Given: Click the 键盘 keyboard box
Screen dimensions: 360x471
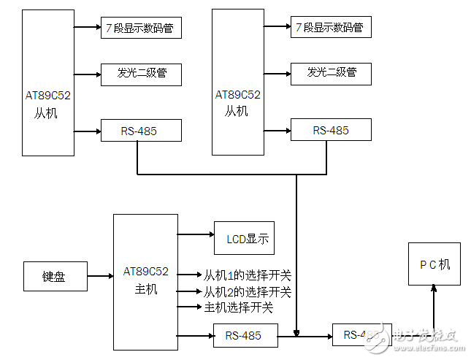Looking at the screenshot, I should coord(55,277).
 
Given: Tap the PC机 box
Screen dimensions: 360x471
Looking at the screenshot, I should coord(434,264).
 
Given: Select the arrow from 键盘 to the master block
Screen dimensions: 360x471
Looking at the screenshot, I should coord(99,277).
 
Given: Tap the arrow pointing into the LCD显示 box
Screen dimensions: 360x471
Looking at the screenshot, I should coord(195,235).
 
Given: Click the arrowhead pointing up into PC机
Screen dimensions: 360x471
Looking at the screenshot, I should coord(434,288).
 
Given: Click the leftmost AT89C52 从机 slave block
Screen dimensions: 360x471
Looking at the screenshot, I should coord(47,83).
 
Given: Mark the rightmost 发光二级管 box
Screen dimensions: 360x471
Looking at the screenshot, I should coord(331,72).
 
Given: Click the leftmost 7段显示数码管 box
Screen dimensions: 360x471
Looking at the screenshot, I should coord(140,28).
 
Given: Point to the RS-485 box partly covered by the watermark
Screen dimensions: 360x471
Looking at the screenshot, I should coord(357,335).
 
